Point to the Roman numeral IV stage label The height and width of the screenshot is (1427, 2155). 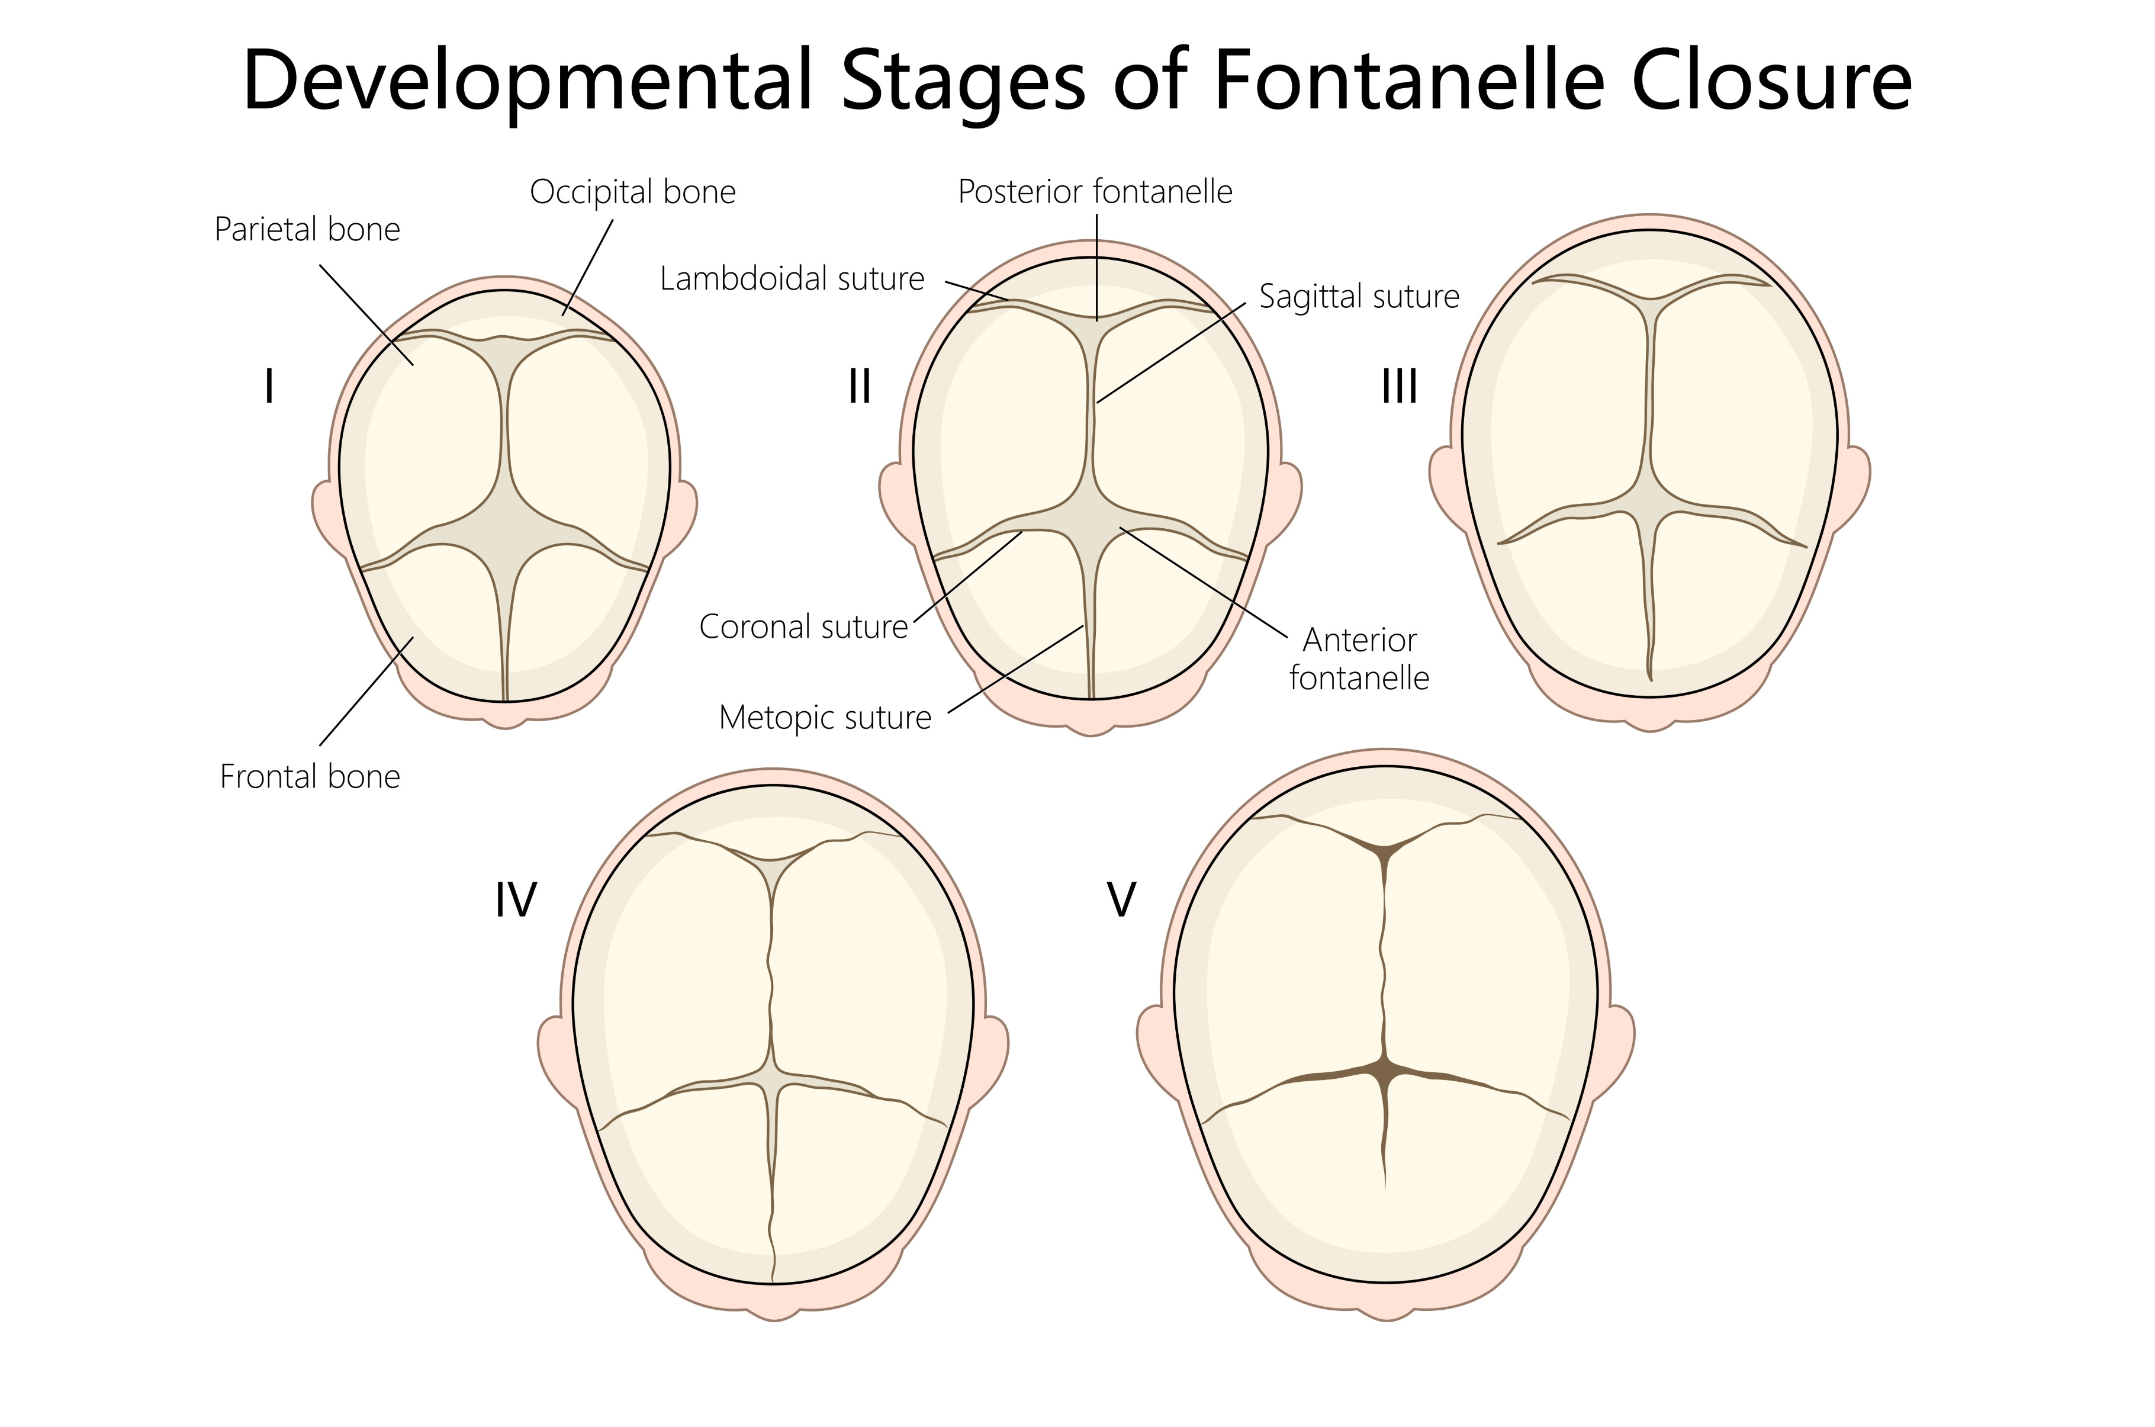[x=515, y=901]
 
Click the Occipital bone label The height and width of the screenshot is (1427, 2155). [x=632, y=192]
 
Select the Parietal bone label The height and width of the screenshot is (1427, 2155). [x=307, y=229]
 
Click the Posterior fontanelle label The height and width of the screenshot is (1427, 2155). [x=1095, y=192]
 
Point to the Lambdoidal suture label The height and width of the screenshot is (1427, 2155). [x=792, y=278]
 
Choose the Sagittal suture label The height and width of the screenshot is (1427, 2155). [x=1359, y=297]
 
